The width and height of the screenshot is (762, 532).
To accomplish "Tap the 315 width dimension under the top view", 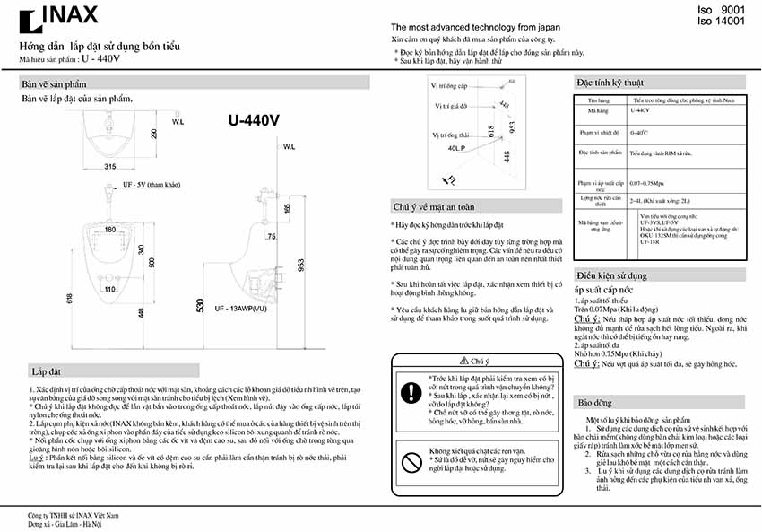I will (110, 167).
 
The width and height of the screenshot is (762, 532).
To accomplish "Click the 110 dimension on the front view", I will (109, 289).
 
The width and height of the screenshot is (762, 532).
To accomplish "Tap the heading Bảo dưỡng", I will (598, 403).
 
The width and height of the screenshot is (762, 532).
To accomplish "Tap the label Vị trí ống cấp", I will (449, 86).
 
